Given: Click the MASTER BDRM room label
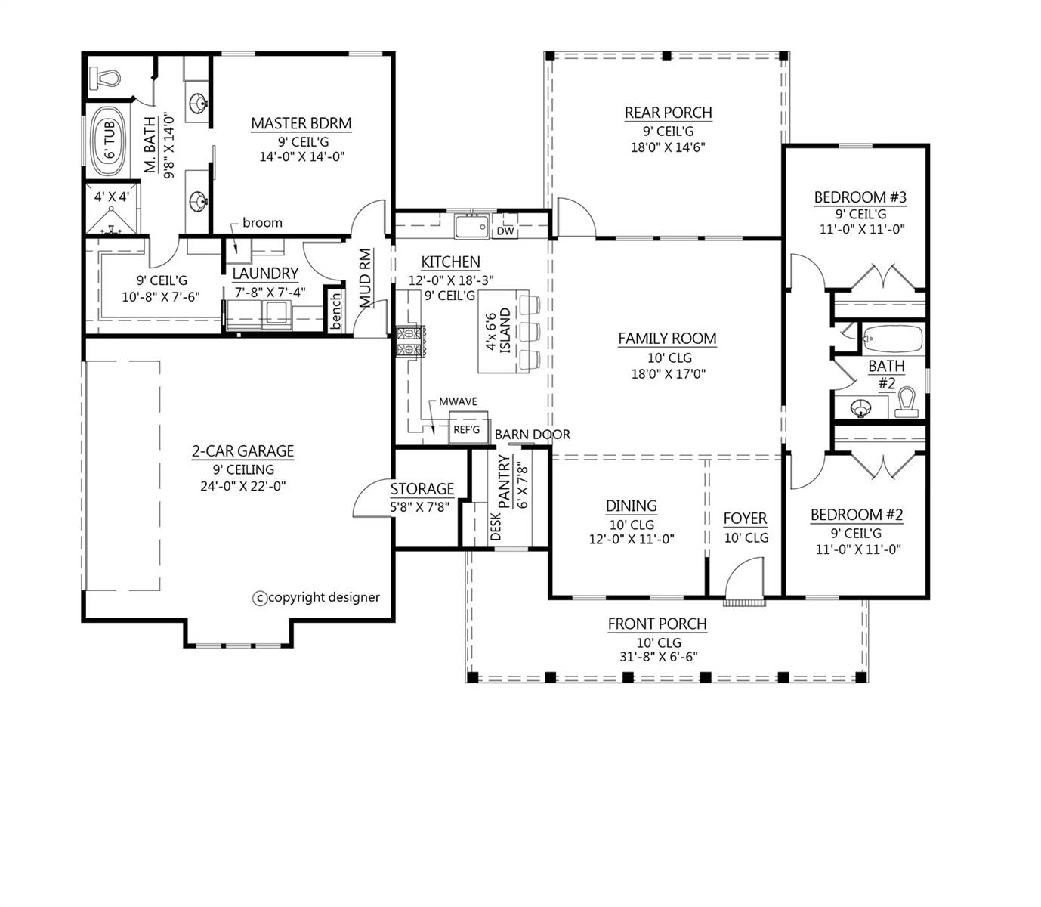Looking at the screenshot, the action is pos(301,124).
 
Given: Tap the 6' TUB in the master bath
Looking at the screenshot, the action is pos(110,141).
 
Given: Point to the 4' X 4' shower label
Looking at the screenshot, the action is pos(112,197).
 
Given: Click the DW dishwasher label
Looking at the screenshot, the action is pos(505,231).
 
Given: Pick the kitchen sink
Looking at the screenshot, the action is pos(472,227).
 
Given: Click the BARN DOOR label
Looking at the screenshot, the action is pos(532,434).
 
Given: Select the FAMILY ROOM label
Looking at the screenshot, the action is pos(667,339).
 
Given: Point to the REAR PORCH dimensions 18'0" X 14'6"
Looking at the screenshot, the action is pos(668,147).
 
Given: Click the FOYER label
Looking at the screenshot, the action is pos(745,519).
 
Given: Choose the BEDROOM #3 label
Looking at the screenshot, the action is pos(860,197).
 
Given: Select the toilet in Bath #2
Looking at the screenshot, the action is pos(907,403).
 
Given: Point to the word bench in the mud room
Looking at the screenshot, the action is pos(335,311).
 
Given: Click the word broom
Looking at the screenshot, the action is pos(262,223).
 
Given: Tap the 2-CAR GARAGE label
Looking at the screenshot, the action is pos(242,451).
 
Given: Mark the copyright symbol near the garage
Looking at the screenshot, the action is pos(260,599).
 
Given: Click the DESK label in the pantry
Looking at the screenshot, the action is pos(496,526).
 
